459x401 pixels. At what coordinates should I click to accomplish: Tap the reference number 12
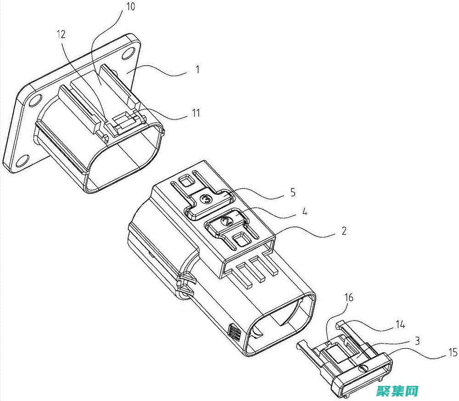[61, 34]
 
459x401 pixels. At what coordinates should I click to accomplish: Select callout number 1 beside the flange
[197, 70]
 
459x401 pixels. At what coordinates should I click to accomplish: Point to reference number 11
[196, 113]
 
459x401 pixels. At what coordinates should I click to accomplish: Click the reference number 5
[293, 192]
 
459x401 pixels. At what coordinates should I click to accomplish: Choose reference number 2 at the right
[344, 231]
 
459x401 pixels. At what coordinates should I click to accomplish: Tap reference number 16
[349, 298]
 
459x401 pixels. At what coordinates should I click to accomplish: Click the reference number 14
[400, 324]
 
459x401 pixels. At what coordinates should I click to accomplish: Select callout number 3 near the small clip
[417, 341]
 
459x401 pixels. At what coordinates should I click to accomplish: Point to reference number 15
[453, 352]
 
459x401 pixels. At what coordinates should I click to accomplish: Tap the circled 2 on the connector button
[228, 221]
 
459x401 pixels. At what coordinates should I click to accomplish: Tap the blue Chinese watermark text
[397, 391]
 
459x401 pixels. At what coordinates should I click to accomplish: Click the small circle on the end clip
[364, 367]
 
